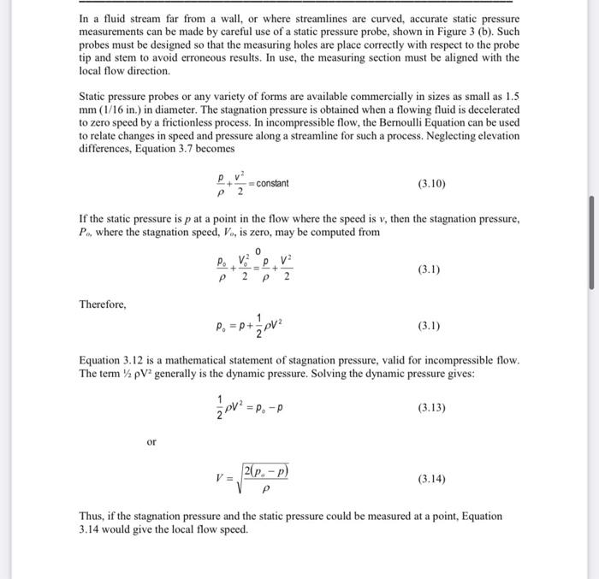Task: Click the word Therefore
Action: coord(103,304)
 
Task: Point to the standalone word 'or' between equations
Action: coord(151,442)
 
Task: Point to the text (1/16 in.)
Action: coord(128,110)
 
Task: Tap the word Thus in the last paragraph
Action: coord(92,517)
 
